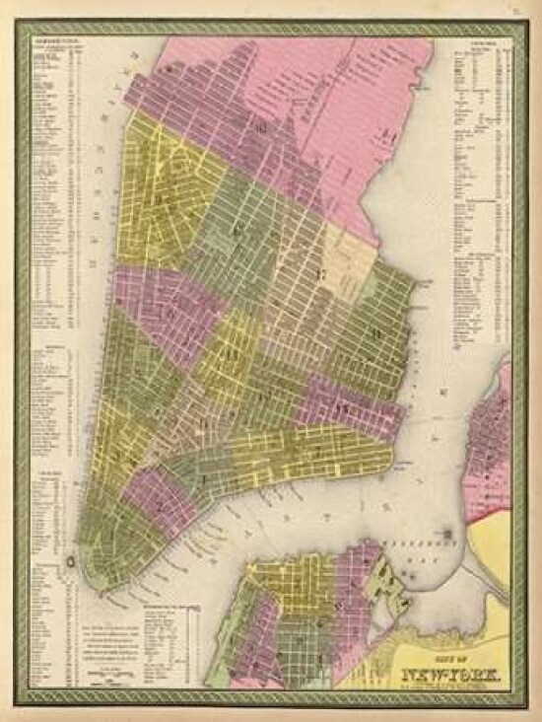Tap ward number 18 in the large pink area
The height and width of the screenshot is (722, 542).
[261, 127]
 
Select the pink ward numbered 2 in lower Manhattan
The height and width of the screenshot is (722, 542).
[160, 506]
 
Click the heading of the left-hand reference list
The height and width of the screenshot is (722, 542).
[49, 41]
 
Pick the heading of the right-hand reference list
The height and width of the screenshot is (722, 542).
[480, 41]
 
